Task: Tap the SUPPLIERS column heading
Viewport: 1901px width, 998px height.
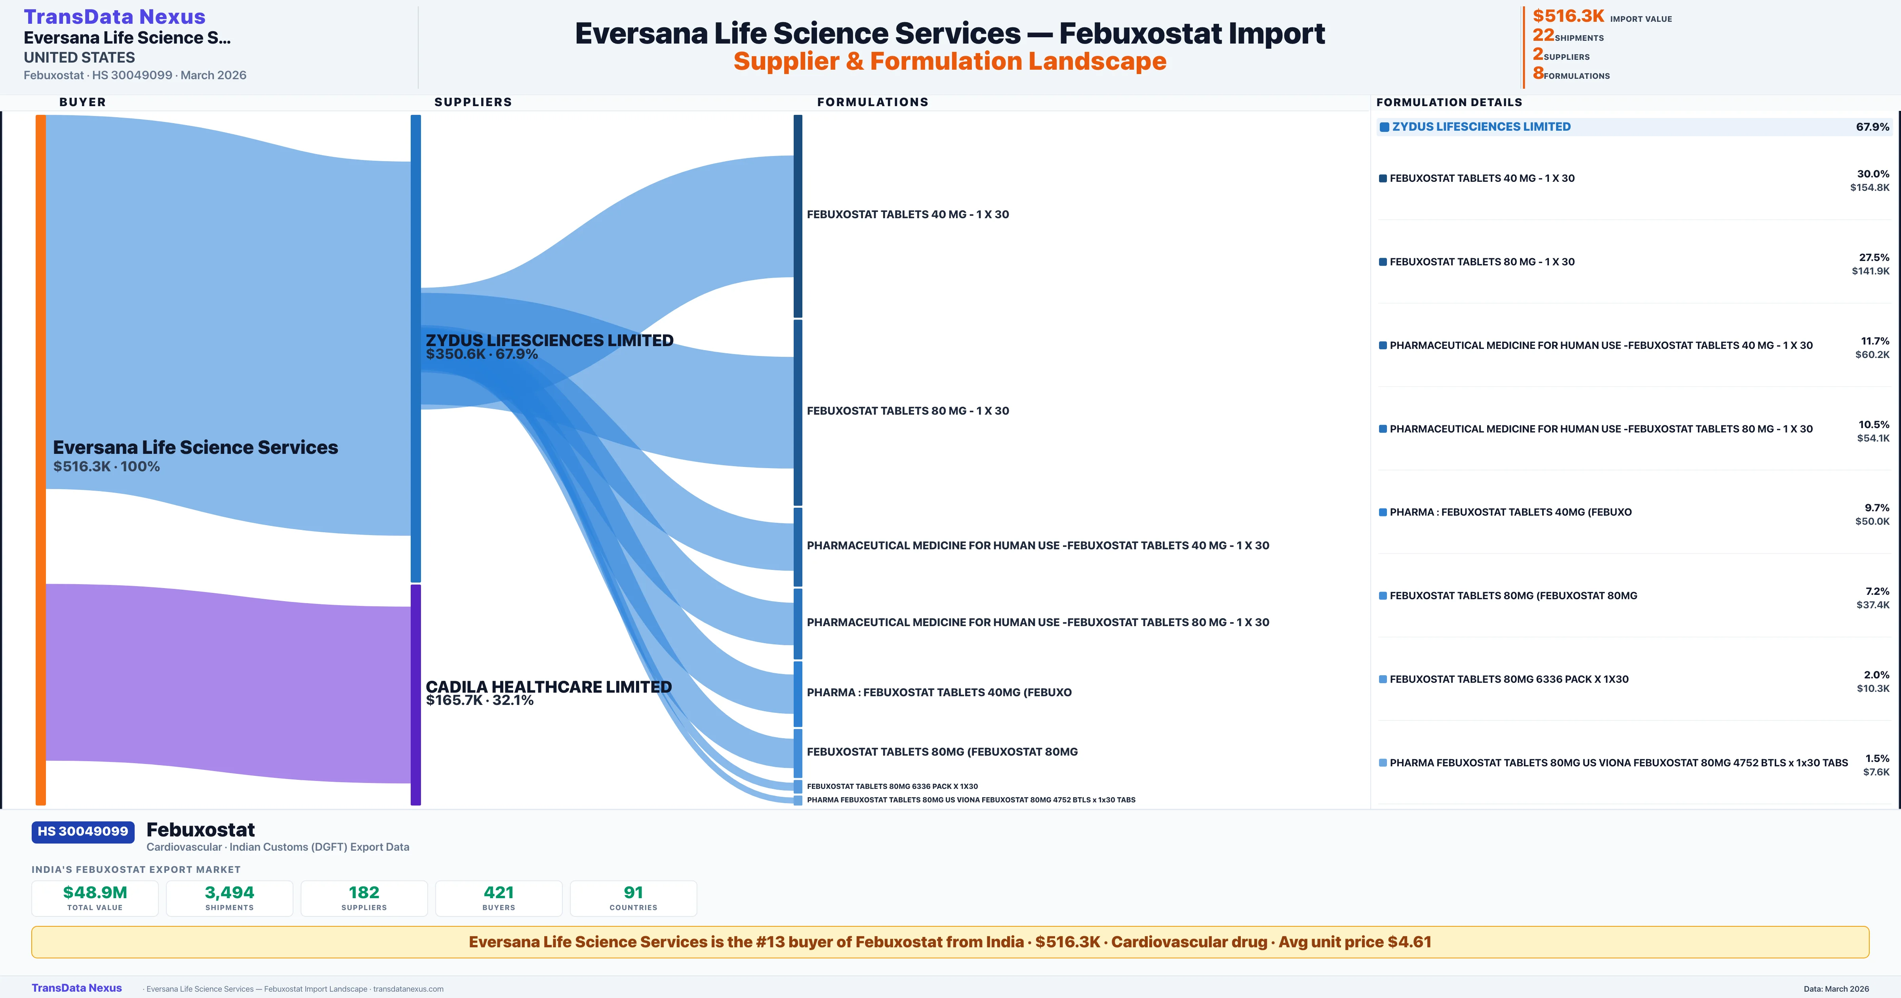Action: click(473, 102)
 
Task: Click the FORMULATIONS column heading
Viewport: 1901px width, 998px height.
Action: click(872, 102)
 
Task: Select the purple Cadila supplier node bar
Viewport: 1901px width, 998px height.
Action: click(415, 694)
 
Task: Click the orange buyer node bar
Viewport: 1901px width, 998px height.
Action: click(40, 458)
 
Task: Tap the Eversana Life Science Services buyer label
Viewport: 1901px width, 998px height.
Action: click(195, 448)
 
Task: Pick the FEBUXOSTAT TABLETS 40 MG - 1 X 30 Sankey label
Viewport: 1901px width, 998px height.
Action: click(908, 215)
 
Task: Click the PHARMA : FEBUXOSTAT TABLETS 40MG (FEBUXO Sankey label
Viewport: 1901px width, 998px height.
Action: click(939, 692)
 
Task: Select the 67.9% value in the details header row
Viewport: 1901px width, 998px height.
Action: click(1872, 127)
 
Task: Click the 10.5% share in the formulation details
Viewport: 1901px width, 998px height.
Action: click(1874, 425)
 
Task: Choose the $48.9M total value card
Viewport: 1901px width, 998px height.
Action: click(95, 898)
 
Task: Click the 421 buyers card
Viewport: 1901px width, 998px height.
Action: click(499, 898)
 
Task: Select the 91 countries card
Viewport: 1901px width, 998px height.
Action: click(633, 898)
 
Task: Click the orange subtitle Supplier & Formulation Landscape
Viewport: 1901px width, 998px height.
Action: click(950, 61)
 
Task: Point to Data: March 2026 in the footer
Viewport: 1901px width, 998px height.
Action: click(1836, 988)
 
